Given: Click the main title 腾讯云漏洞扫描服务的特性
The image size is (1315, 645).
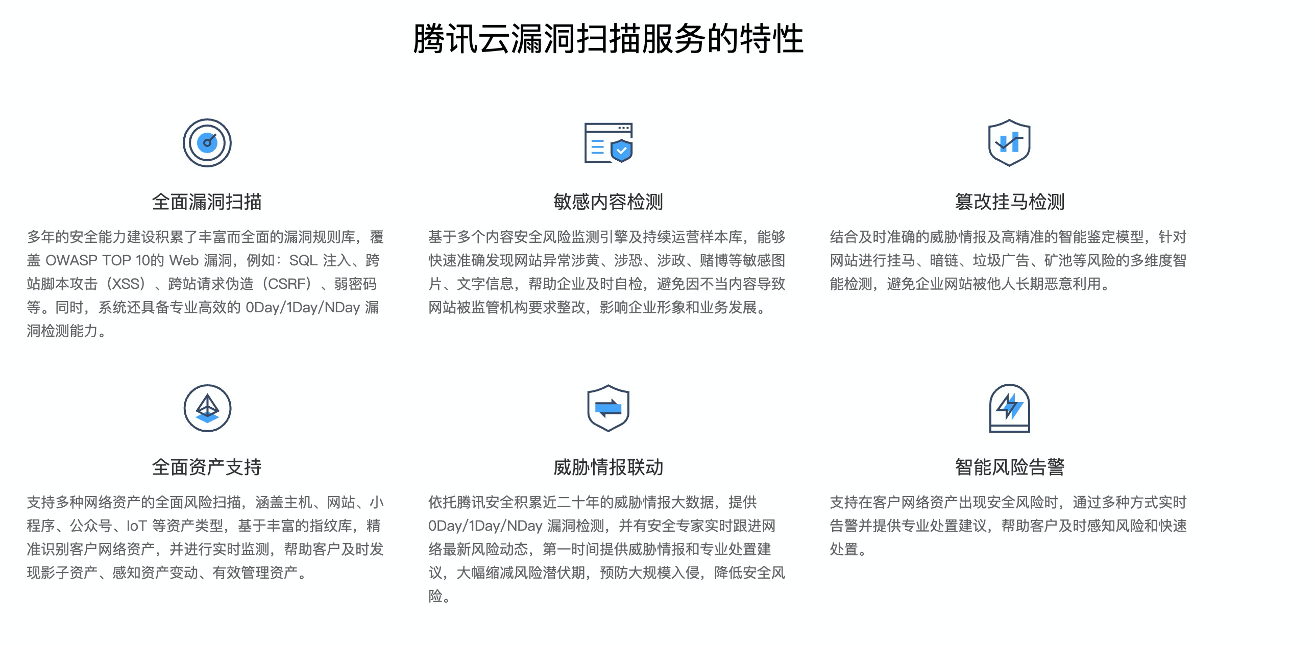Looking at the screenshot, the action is click(608, 39).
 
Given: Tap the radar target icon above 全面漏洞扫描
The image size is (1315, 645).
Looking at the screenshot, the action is click(207, 143).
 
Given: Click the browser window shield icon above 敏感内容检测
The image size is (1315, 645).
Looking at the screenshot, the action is click(608, 143).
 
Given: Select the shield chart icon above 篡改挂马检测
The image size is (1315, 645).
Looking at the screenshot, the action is click(1009, 143).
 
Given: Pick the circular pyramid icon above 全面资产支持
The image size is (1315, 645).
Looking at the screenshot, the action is click(207, 408).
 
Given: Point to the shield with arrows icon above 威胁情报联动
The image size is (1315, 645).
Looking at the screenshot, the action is click(608, 408).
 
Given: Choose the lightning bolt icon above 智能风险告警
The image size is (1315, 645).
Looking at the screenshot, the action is click(1009, 408).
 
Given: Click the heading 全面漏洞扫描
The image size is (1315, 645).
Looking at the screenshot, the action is click(207, 202).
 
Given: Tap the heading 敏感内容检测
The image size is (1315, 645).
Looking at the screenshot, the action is click(608, 202).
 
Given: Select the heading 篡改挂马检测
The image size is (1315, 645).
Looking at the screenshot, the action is click(1009, 202).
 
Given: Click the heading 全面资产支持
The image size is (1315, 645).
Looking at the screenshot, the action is click(207, 467).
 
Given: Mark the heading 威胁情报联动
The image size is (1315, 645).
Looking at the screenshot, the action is click(608, 467).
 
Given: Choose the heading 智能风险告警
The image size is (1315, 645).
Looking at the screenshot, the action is click(1009, 467).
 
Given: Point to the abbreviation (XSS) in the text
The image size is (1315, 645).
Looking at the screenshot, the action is click(126, 284).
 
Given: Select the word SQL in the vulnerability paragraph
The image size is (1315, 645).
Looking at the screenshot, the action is click(303, 261).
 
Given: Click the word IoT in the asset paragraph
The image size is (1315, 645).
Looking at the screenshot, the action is click(136, 526).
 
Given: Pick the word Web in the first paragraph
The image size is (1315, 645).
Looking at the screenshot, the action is click(184, 261).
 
